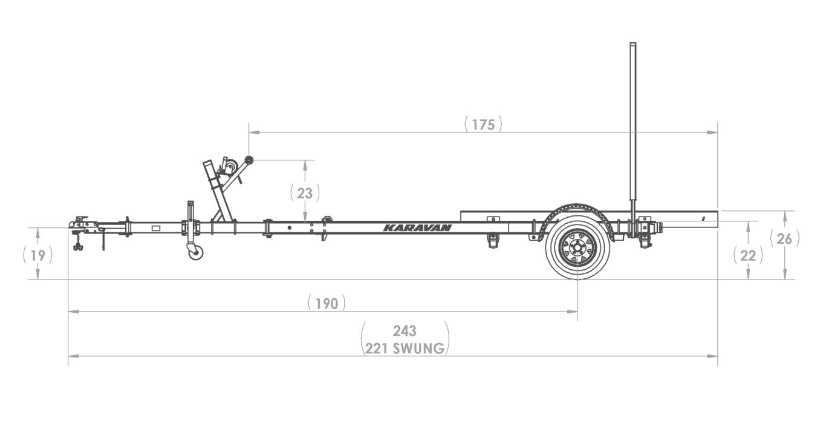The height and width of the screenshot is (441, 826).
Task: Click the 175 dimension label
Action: click(483, 125)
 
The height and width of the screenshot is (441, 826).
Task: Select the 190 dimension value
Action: click(327, 303)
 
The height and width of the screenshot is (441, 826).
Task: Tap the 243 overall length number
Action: click(405, 331)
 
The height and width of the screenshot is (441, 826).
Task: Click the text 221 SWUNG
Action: click(405, 348)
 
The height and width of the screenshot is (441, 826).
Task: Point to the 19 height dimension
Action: click(37, 255)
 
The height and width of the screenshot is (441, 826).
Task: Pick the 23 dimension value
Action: click(305, 193)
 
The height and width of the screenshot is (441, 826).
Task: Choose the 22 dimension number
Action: click(748, 255)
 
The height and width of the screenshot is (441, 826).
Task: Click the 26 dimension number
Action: click(784, 239)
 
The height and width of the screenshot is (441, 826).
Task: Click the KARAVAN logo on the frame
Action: click(417, 228)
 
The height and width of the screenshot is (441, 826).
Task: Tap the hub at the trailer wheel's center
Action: click(577, 247)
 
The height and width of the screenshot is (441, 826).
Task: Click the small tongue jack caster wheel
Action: click(195, 252)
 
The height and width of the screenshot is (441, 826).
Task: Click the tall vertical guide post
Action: click(633, 121)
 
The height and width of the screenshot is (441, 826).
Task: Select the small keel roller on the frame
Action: click(328, 222)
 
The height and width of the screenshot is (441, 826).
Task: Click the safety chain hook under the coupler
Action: click(77, 247)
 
